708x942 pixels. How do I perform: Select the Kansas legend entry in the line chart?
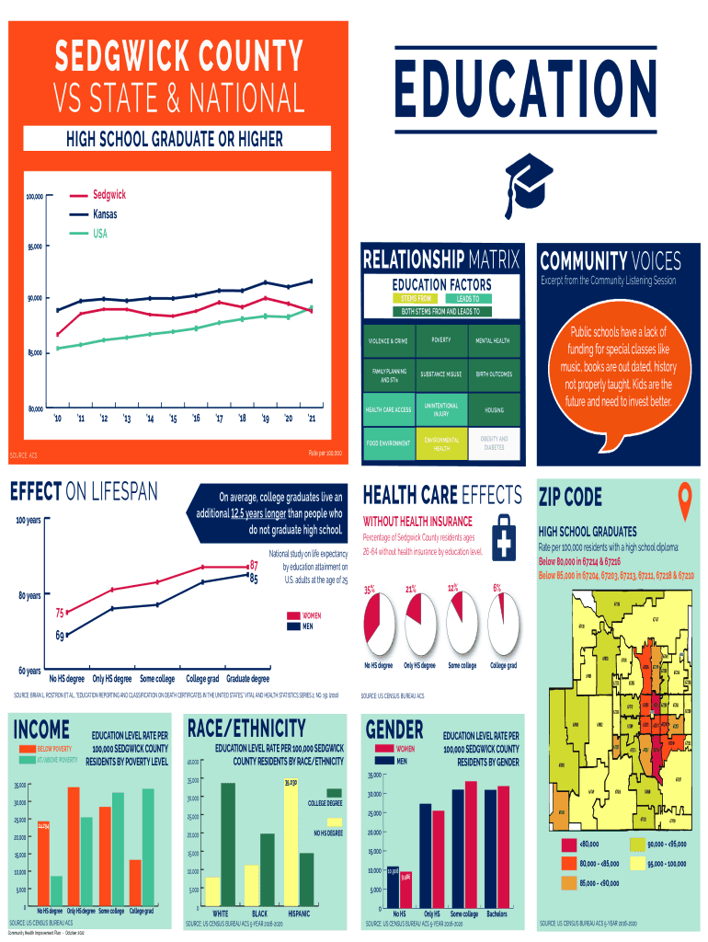105,214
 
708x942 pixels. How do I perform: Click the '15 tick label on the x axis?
173,419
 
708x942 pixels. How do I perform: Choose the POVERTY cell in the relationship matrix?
440,340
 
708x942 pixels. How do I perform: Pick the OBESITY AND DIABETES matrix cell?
492,443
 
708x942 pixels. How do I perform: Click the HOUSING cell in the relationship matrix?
492,409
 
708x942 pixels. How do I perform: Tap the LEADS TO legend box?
469,299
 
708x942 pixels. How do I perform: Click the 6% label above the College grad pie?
497,587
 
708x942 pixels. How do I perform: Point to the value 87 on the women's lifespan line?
254,566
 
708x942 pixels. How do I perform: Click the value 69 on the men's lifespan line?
60,635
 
